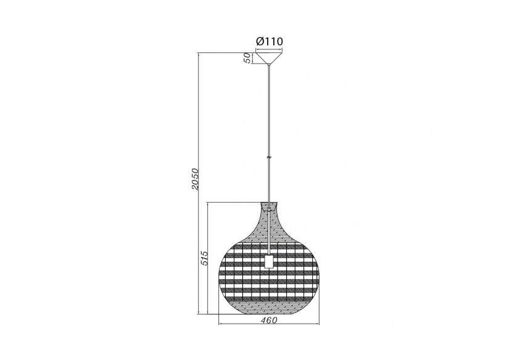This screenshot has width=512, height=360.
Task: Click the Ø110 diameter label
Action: [x=269, y=41]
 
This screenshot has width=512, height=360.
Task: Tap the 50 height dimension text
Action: [x=247, y=58]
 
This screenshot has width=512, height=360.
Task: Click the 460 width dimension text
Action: [x=269, y=320]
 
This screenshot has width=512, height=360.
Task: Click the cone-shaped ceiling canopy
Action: [x=269, y=58]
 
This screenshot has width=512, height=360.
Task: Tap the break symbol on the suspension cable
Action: [x=269, y=157]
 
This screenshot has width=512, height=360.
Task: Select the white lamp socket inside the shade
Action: [x=269, y=261]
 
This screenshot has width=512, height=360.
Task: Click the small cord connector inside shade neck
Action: [x=269, y=210]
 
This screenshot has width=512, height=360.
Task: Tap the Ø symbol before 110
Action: [x=260, y=41]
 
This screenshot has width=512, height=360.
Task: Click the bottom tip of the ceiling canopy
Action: [x=269, y=64]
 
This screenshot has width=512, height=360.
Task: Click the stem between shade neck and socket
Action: [x=269, y=234]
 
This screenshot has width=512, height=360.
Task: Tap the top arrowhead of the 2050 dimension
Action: [x=199, y=54]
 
